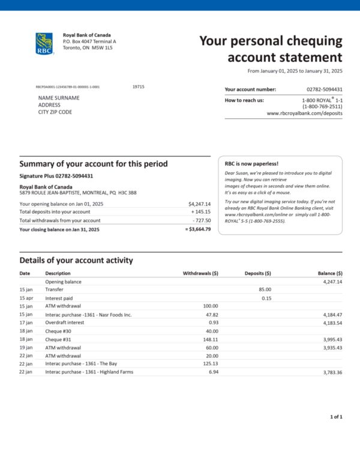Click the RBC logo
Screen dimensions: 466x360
click(44, 43)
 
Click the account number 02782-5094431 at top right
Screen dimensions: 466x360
click(324, 89)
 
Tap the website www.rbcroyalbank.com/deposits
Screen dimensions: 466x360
click(304, 113)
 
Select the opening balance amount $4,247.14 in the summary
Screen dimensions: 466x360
click(199, 204)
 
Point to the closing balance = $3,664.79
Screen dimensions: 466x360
click(198, 229)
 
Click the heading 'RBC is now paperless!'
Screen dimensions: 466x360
click(251, 163)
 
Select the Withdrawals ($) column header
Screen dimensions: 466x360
click(200, 273)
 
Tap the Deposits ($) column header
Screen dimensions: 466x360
click(258, 273)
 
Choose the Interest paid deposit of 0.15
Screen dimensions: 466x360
click(266, 298)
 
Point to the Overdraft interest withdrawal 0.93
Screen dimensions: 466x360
click(212, 322)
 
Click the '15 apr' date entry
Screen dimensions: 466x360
click(26, 298)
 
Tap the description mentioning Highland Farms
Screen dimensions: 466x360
click(89, 372)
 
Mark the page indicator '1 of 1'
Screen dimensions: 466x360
click(335, 416)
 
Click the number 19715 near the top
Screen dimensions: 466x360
click(139, 86)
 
